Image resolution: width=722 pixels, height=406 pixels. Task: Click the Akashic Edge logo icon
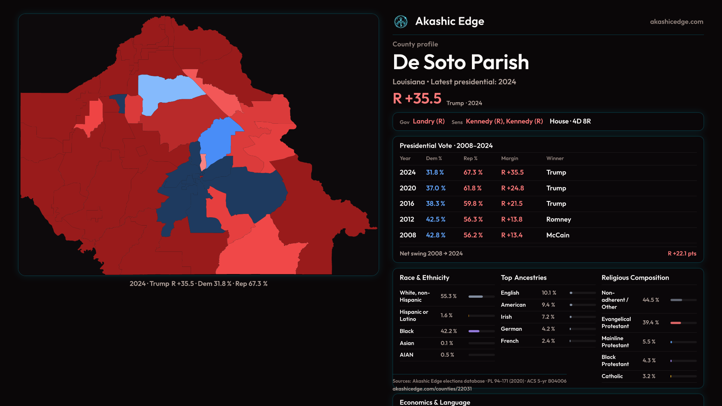coord(400,22)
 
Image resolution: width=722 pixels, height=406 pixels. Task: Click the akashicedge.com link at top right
coord(676,22)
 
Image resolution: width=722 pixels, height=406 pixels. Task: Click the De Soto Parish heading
coord(461,62)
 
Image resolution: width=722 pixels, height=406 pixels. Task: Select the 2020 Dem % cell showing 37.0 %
coord(435,188)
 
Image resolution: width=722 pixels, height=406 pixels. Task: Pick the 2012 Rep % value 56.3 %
coord(473,219)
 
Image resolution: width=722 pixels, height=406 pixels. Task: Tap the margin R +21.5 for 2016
coord(512,203)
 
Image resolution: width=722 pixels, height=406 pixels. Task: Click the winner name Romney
coord(558,219)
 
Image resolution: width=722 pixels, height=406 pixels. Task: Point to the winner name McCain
coord(558,235)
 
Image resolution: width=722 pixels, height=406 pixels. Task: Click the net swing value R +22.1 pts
coord(682,253)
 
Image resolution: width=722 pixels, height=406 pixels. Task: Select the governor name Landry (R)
coord(429,121)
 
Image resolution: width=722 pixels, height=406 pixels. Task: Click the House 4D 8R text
coord(570,121)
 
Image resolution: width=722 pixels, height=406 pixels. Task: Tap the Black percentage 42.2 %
coord(449,331)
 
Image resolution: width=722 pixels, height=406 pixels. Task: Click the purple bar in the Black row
coord(474,331)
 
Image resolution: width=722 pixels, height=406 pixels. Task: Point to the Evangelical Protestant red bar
coord(675,323)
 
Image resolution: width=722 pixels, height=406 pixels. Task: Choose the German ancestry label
coord(511,329)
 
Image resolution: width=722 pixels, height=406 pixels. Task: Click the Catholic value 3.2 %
coord(649,376)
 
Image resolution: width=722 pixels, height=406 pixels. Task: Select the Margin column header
coord(510,158)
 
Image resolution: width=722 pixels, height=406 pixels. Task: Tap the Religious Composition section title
coord(635,277)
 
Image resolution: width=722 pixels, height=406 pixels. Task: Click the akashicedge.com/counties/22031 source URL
coord(432,389)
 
